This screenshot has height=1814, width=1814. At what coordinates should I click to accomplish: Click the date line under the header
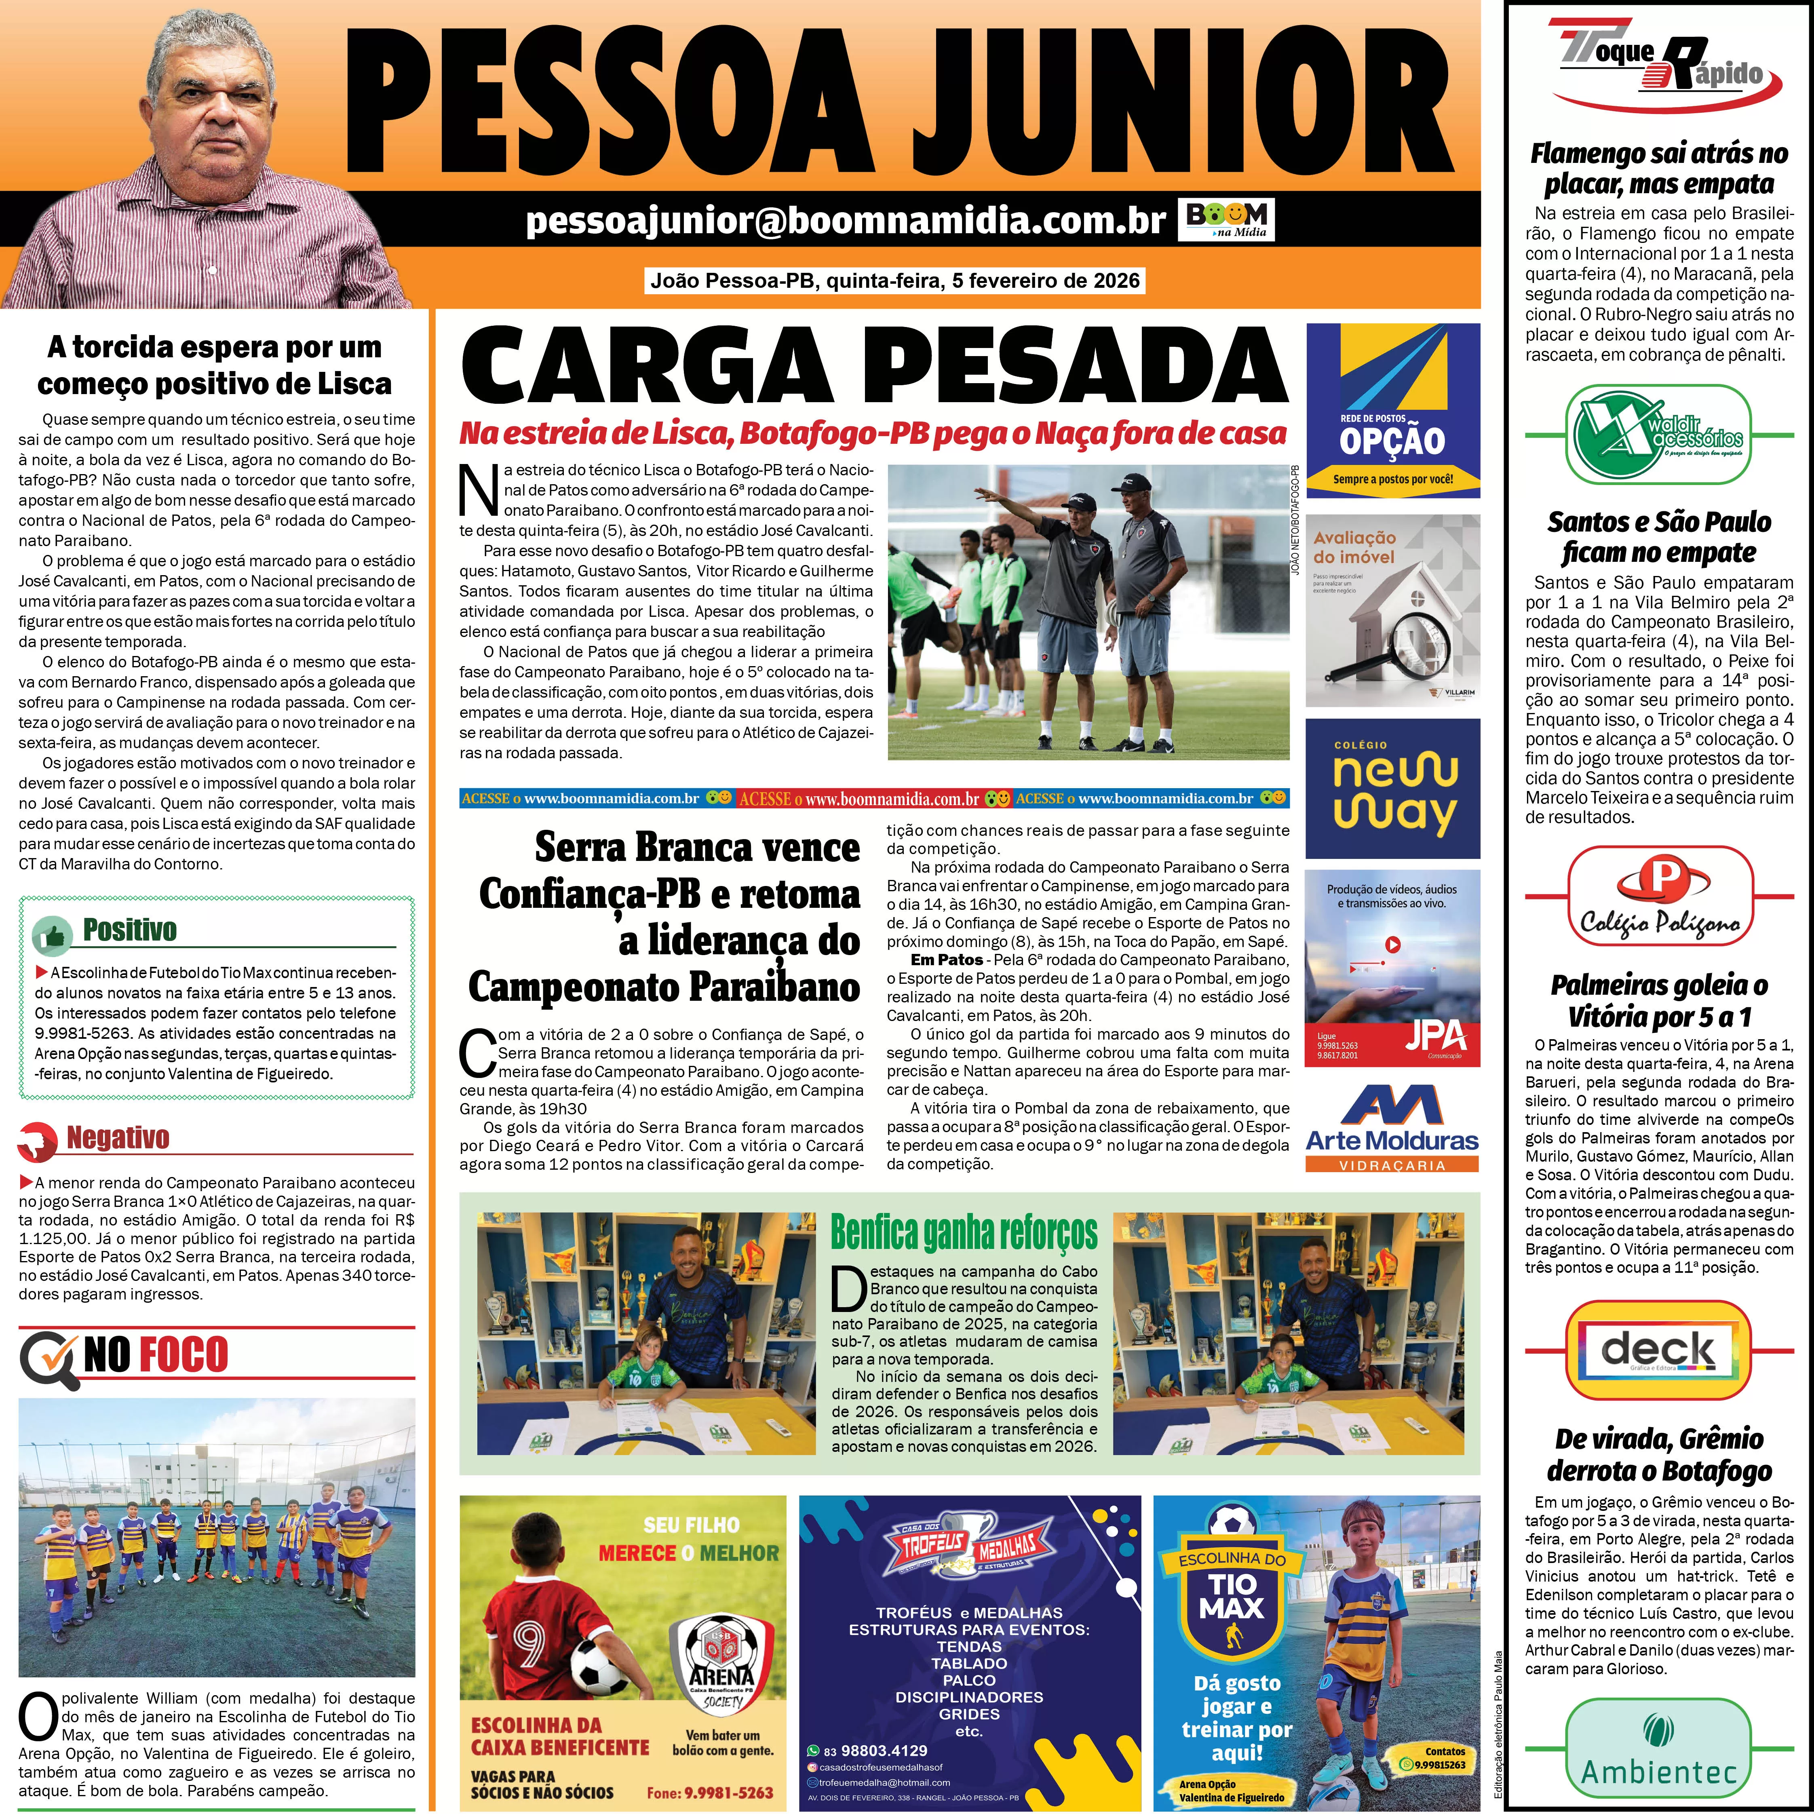pyautogui.click(x=895, y=280)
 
